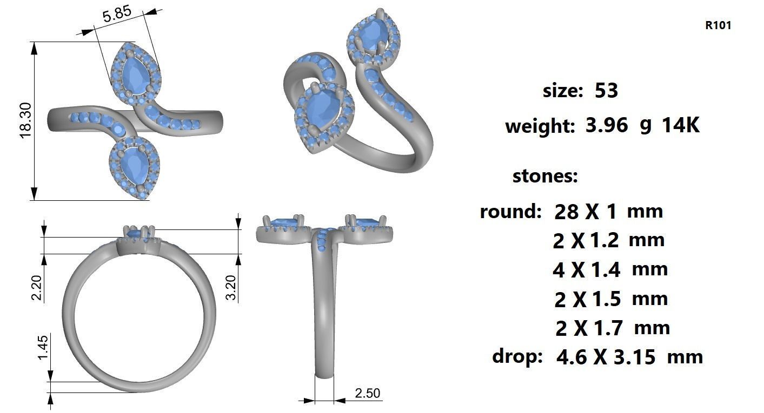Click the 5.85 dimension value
point(117,14)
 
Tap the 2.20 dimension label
point(37,288)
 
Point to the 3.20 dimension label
point(231,288)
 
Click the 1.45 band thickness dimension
point(43,347)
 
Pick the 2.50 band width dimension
point(367,394)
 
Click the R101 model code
point(718,25)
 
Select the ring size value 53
point(606,91)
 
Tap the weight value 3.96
point(607,125)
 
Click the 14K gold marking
point(681,125)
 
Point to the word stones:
point(545,176)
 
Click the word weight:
point(540,126)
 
